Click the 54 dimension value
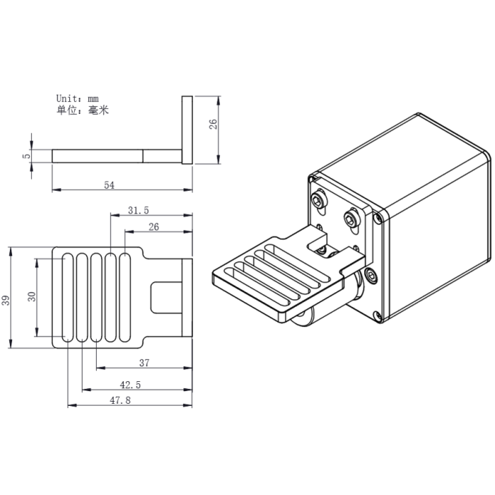[109, 185]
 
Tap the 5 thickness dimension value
[26, 156]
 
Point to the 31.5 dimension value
[138, 210]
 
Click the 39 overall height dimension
[6, 301]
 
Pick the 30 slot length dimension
[31, 296]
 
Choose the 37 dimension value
[144, 363]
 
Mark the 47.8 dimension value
[120, 400]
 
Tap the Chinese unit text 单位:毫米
[82, 110]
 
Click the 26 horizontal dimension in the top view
[154, 226]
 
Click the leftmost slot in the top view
[68, 297]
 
